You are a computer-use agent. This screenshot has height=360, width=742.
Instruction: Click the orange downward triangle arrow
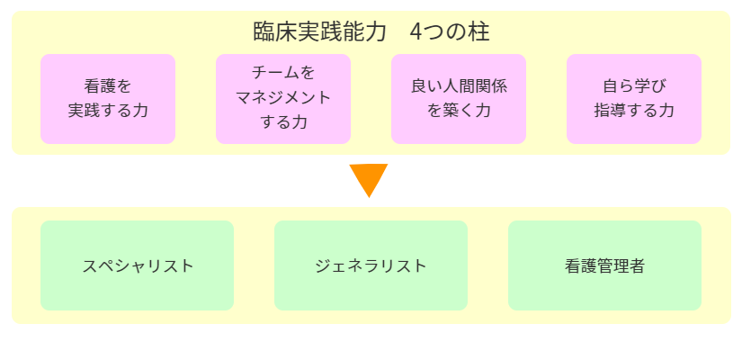click(x=369, y=178)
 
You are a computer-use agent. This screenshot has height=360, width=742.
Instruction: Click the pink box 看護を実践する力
click(x=108, y=99)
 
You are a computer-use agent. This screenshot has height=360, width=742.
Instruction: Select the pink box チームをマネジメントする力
click(x=283, y=99)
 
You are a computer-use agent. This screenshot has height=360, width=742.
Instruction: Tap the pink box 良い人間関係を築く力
click(x=459, y=99)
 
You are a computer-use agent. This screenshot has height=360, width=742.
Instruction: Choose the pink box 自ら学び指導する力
click(x=634, y=99)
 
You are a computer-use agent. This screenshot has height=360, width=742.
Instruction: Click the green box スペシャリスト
click(x=137, y=265)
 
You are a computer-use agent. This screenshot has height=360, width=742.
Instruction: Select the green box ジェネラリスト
click(x=371, y=265)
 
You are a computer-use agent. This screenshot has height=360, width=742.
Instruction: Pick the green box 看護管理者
click(x=604, y=265)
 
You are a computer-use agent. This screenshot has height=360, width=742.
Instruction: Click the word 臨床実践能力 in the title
click(x=319, y=31)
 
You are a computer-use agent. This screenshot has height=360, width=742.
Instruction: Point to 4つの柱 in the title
click(x=449, y=31)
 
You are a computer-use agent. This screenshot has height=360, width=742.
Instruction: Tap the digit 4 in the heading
click(x=416, y=31)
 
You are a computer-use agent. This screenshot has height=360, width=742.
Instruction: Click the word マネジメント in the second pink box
click(x=283, y=97)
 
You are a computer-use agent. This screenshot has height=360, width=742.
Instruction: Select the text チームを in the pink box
click(x=283, y=72)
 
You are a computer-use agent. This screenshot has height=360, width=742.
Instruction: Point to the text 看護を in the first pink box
click(x=108, y=86)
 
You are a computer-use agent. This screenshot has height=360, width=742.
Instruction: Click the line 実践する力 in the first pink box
click(x=108, y=112)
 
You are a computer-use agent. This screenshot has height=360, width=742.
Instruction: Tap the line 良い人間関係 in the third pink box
click(x=459, y=86)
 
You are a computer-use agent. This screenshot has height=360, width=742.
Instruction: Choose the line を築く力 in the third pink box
click(x=459, y=112)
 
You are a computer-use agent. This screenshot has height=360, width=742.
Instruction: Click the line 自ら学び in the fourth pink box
click(x=634, y=86)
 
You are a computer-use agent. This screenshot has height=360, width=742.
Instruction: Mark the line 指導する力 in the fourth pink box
click(x=634, y=112)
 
